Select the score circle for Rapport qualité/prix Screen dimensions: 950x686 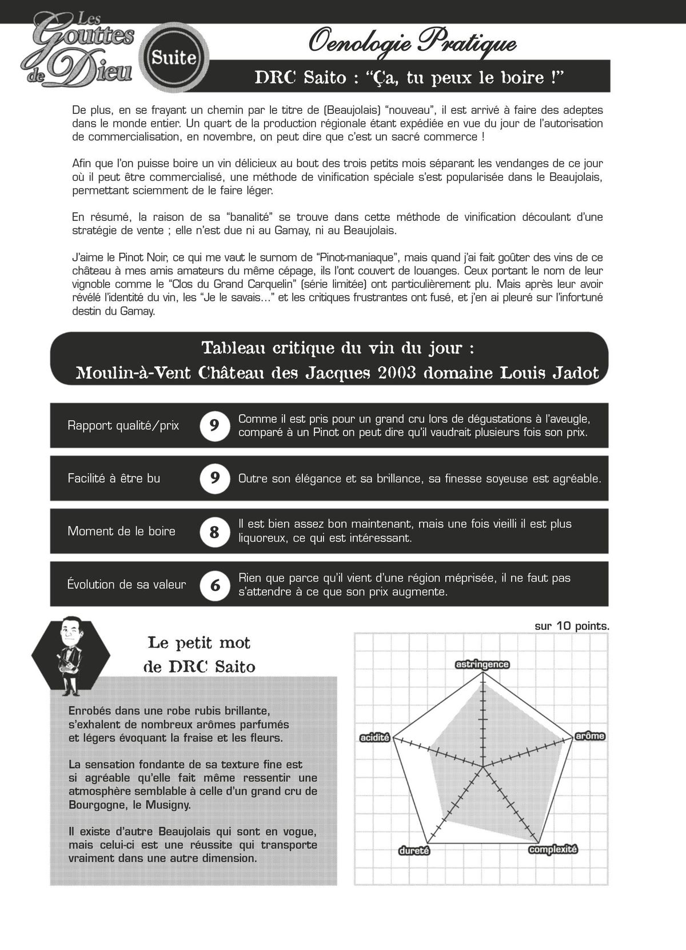coord(214,425)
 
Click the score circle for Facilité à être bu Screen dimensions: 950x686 coord(214,478)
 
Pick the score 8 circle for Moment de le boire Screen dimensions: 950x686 coord(214,531)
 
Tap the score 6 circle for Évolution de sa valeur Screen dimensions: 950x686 coord(214,585)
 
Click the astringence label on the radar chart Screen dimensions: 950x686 coord(482,664)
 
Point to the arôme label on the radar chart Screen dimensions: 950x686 coord(589,736)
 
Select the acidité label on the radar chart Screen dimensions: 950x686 coord(374,738)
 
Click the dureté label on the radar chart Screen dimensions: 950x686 coord(414,850)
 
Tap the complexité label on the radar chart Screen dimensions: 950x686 coord(553,849)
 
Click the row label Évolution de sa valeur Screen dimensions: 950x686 coord(126,585)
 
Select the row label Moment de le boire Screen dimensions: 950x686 coord(121,531)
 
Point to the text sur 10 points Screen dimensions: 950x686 coord(572,626)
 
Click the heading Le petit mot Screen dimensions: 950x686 coord(199,643)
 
